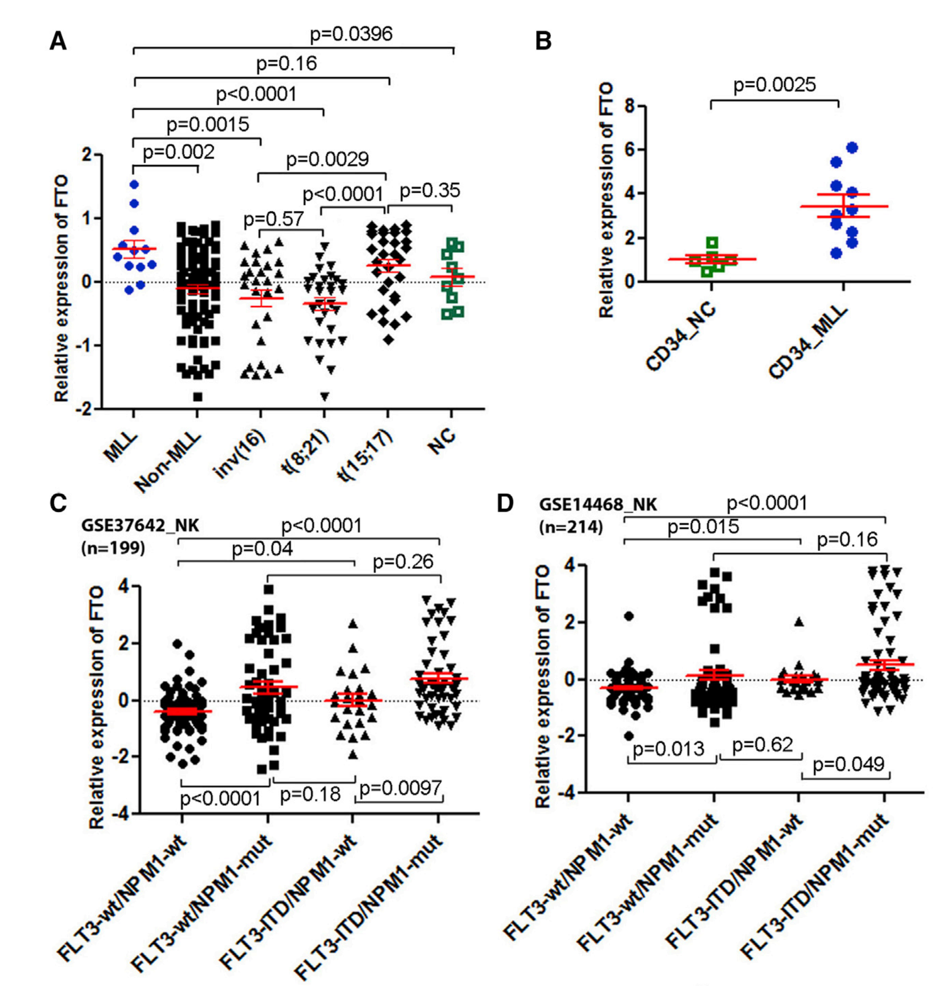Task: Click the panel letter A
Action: tap(58, 41)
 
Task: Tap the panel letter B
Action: tap(543, 41)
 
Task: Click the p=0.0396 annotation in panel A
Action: tap(351, 34)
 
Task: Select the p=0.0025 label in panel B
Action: tap(774, 85)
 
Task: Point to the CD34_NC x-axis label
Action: tap(681, 338)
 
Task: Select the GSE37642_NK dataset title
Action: tap(140, 525)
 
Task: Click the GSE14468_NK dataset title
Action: tap(598, 504)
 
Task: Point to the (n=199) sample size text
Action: tap(113, 547)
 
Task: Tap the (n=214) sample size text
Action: tap(571, 527)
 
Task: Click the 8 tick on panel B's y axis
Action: tap(630, 105)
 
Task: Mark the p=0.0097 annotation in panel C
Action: tap(401, 788)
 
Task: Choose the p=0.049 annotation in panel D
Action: tap(848, 765)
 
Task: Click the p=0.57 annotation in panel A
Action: tap(273, 219)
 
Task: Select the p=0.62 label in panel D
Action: tap(762, 744)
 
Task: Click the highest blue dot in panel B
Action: tap(852, 147)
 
